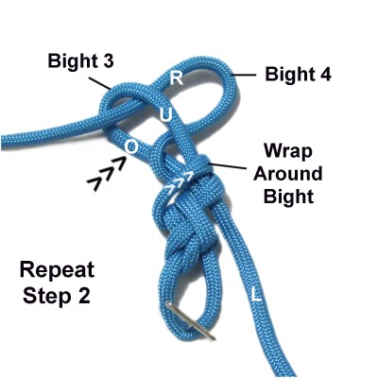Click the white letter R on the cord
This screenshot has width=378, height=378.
click(177, 78)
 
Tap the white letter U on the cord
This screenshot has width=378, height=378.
click(166, 115)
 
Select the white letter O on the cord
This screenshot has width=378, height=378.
click(131, 146)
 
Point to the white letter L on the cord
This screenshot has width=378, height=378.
click(256, 295)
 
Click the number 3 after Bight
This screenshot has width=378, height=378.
click(107, 60)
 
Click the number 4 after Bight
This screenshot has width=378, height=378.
click(324, 75)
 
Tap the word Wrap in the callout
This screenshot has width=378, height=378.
click(288, 152)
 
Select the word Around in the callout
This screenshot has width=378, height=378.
click(288, 174)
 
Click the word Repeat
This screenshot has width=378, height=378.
click(57, 271)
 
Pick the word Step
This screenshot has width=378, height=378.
click(46, 296)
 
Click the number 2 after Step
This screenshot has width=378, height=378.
click(83, 296)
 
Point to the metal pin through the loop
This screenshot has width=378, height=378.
click(191, 320)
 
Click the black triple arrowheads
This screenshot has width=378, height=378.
click(107, 174)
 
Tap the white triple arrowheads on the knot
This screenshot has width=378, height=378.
click(178, 186)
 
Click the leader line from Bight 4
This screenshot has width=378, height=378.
click(243, 75)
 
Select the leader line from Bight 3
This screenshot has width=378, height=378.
click(99, 83)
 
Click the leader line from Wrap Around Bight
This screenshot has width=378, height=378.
click(227, 165)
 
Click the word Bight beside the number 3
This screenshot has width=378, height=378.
click(72, 61)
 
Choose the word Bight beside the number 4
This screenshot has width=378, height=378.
click(289, 75)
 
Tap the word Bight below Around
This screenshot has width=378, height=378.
click(289, 197)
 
